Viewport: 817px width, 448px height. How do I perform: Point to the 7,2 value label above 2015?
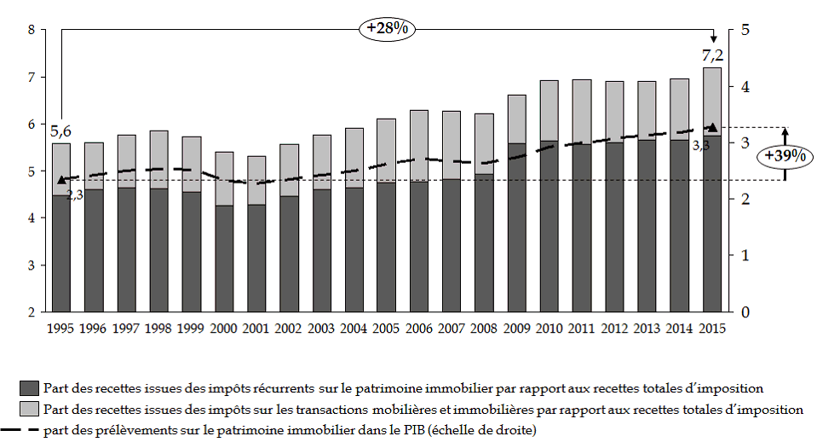tap(712, 56)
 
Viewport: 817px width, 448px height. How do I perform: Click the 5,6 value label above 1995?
tap(60, 131)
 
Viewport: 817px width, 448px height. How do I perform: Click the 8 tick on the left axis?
tap(32, 30)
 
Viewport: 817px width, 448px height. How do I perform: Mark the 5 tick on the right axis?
tap(745, 30)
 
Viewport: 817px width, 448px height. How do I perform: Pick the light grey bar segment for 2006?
tap(419, 146)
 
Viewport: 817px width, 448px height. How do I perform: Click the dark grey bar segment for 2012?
tap(613, 226)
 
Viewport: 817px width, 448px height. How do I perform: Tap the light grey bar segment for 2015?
tap(712, 102)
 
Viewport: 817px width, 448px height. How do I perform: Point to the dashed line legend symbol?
tap(23, 430)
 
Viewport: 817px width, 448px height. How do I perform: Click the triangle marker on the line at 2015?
tap(712, 127)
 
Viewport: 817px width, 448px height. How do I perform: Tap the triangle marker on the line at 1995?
tap(61, 180)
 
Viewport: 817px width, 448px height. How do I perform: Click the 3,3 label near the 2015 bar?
tap(700, 146)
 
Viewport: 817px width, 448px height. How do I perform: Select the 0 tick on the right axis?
tap(745, 311)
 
